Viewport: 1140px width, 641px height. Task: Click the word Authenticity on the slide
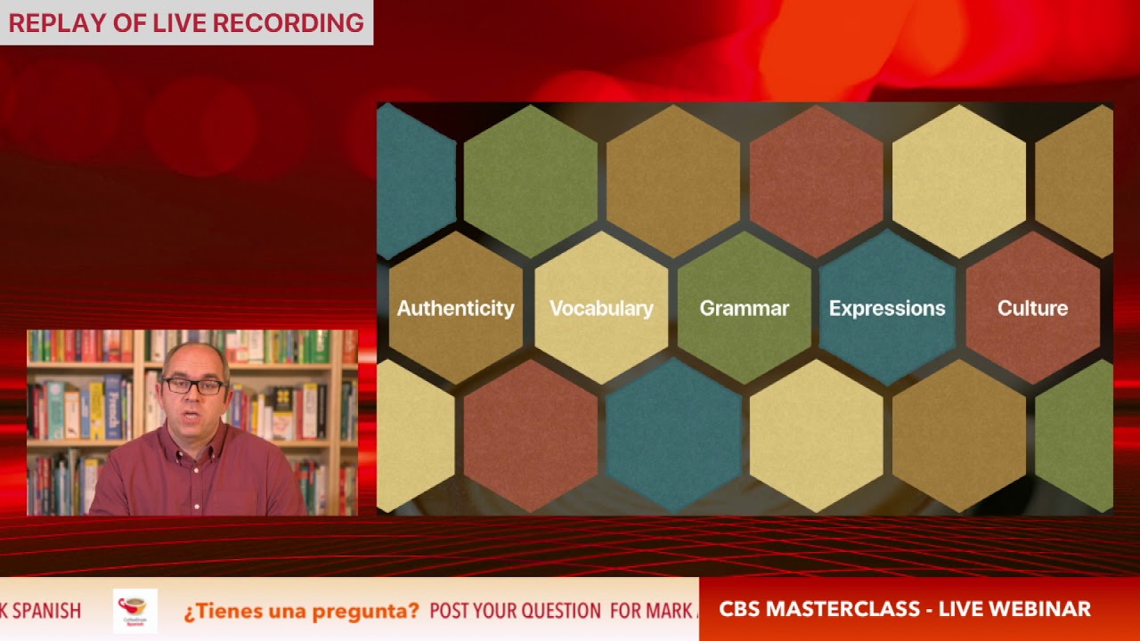(x=455, y=308)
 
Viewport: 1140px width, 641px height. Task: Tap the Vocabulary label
(x=601, y=308)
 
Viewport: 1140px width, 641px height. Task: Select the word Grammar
(x=744, y=308)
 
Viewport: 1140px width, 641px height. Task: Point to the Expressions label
(x=887, y=308)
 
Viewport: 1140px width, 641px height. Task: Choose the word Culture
(x=1032, y=308)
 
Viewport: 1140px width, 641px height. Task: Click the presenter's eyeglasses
(x=193, y=385)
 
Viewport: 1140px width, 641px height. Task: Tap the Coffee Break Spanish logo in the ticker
(x=134, y=610)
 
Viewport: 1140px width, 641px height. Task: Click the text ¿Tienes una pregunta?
(x=301, y=611)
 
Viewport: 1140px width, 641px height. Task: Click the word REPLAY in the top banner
(x=60, y=23)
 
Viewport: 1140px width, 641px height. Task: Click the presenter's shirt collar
(x=191, y=439)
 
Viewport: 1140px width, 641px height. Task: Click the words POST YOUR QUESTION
(x=515, y=611)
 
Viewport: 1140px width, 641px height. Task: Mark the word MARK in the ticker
(x=667, y=611)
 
